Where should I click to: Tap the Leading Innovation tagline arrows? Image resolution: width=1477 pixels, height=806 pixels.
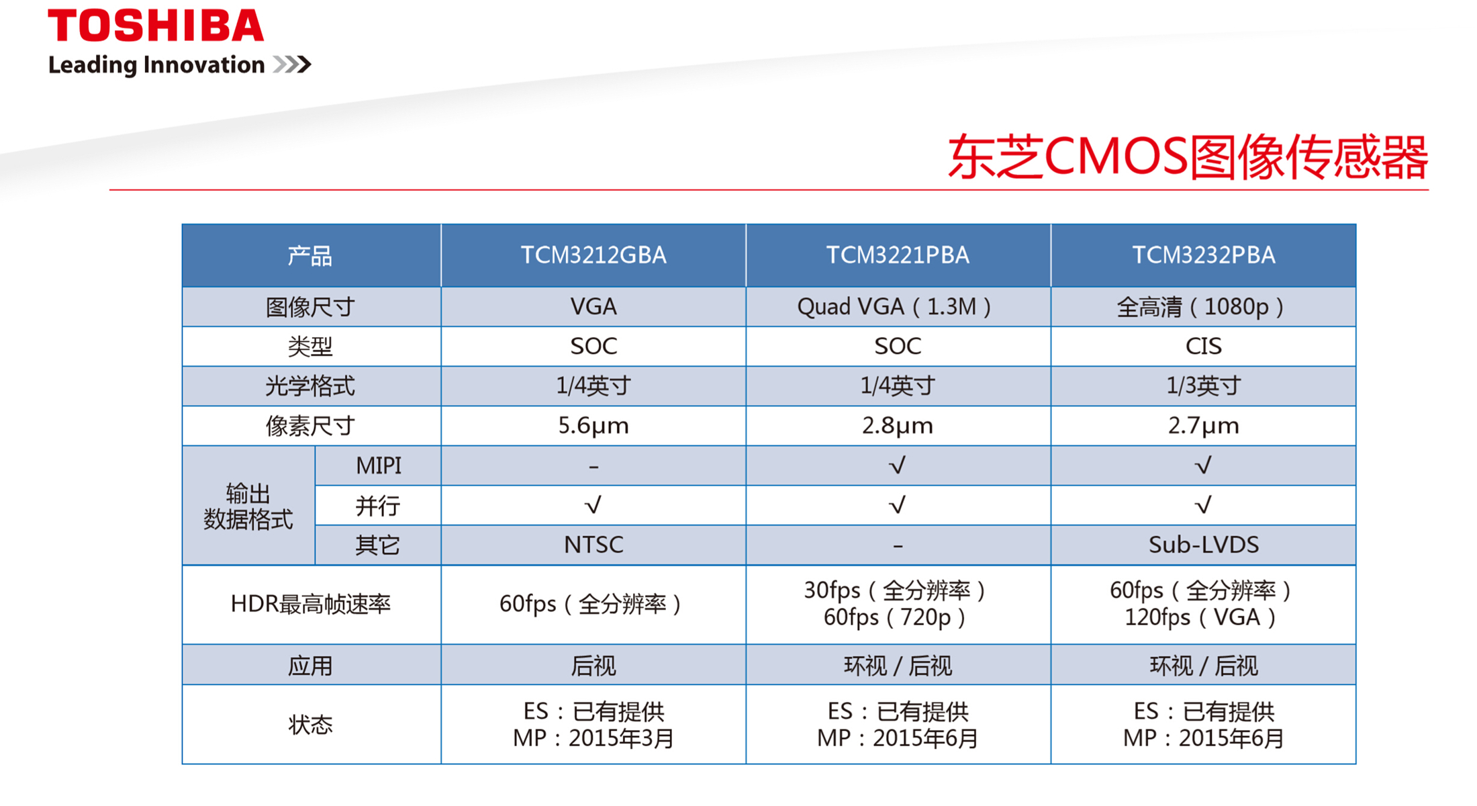point(292,64)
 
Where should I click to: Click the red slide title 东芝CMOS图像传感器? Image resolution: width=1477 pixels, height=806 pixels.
point(1188,156)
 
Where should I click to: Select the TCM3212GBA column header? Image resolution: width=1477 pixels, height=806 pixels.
point(593,255)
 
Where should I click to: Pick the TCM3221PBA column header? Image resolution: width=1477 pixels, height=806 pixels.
point(898,255)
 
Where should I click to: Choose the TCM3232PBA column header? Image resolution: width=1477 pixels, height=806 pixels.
point(1203,255)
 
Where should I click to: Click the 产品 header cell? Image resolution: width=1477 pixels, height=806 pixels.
point(310,256)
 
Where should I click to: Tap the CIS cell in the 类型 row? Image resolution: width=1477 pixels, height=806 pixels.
point(1203,346)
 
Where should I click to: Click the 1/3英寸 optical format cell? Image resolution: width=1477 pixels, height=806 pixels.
point(1203,386)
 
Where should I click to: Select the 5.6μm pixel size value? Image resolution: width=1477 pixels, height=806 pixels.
point(593,426)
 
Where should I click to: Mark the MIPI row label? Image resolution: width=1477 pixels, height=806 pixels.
point(379,465)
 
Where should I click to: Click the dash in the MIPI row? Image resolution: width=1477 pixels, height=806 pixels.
point(593,465)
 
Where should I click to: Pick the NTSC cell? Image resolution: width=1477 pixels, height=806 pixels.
point(593,544)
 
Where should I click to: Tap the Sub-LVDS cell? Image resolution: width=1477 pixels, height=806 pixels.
point(1203,544)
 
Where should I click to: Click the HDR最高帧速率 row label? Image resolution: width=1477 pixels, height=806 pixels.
point(310,604)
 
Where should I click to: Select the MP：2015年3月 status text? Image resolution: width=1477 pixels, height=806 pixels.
point(593,738)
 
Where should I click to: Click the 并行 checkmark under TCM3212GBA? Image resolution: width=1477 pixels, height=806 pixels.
point(593,504)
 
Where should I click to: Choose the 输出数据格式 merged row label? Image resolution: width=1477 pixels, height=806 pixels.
point(248,506)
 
